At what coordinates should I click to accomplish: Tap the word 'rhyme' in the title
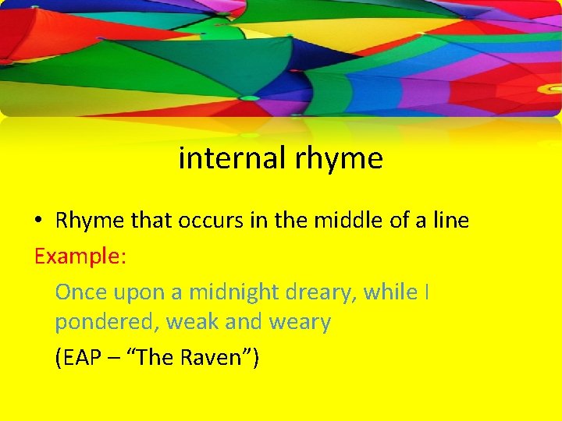(x=340, y=160)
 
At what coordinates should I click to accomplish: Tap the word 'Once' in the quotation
(x=81, y=292)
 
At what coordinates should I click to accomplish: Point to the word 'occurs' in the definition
(x=211, y=221)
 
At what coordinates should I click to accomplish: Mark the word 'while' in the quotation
(x=391, y=292)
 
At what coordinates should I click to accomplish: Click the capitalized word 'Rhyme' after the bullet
(x=89, y=221)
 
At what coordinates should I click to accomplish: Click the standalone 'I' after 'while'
(x=426, y=292)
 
